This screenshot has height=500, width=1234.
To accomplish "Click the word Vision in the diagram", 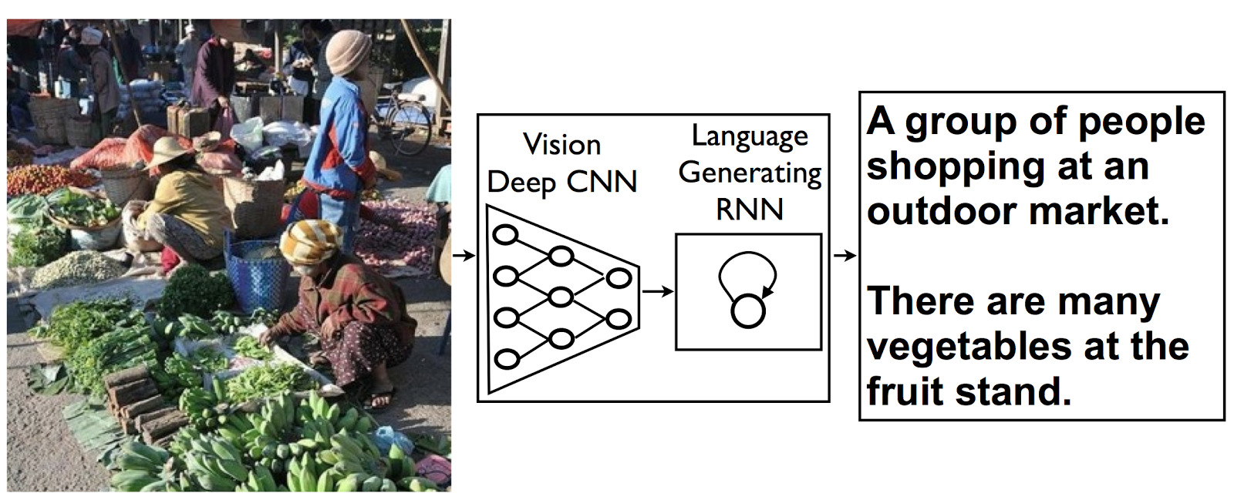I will (x=561, y=144).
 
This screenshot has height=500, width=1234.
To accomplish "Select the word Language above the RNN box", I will (x=750, y=136).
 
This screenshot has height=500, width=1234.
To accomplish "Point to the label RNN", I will (x=750, y=210).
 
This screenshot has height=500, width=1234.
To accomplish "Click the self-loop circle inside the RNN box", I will (x=748, y=310).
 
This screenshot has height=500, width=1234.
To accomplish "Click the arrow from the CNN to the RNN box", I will (x=657, y=291).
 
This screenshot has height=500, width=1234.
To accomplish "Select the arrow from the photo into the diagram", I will (x=464, y=255).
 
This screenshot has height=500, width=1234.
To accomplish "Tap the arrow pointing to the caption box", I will (x=845, y=255).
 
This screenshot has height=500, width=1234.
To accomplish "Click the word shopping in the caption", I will (x=955, y=166).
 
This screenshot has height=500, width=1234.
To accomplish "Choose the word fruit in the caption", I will (x=905, y=391).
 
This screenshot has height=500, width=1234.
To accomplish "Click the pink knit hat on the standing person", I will (x=348, y=52).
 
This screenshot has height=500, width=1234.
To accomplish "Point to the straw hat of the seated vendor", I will (x=171, y=151).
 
